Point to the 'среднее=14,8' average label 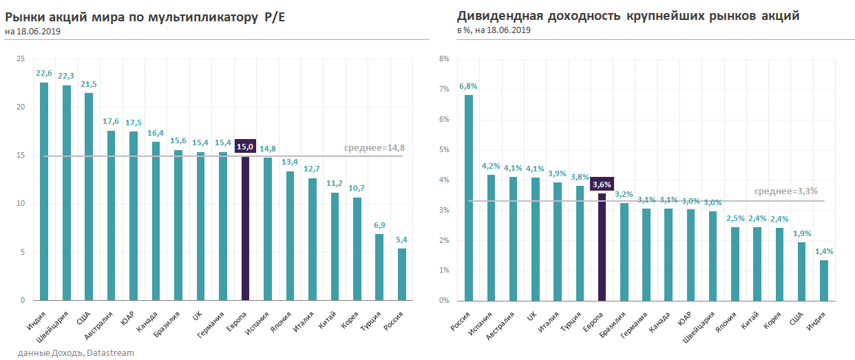coord(373,148)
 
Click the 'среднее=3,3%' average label coord(786,191)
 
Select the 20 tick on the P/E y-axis coord(21,107)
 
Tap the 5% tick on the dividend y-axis coord(444,150)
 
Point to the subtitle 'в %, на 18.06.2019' coord(493,30)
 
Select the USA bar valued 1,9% coord(801,271)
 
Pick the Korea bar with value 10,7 coord(357,248)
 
